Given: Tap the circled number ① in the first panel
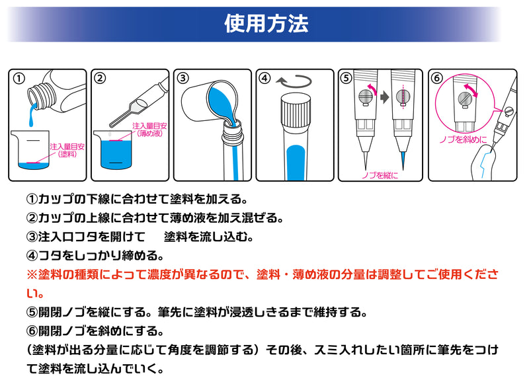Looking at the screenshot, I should pyautogui.click(x=19, y=79).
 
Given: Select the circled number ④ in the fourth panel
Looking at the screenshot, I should pyautogui.click(x=264, y=79).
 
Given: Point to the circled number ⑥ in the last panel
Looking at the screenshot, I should pyautogui.click(x=436, y=79).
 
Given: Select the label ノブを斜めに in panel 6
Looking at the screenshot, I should pyautogui.click(x=464, y=139).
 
